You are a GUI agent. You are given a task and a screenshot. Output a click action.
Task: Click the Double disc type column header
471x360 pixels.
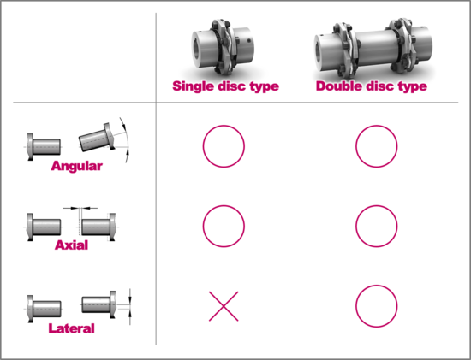tap(371, 86)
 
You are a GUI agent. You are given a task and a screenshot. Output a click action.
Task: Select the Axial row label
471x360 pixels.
tap(71, 245)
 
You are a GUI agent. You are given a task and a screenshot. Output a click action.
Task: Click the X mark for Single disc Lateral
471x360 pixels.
tap(224, 306)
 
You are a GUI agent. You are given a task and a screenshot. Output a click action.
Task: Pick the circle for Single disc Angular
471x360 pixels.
tap(224, 145)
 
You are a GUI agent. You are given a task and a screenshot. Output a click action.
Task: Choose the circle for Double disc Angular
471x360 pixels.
tap(377, 145)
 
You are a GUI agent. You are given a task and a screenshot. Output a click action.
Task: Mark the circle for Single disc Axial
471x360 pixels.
tap(224, 226)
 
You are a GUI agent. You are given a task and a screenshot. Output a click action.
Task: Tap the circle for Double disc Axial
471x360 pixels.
tap(377, 226)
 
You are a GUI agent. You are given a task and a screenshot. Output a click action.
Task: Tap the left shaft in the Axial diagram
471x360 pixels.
tap(44, 226)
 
